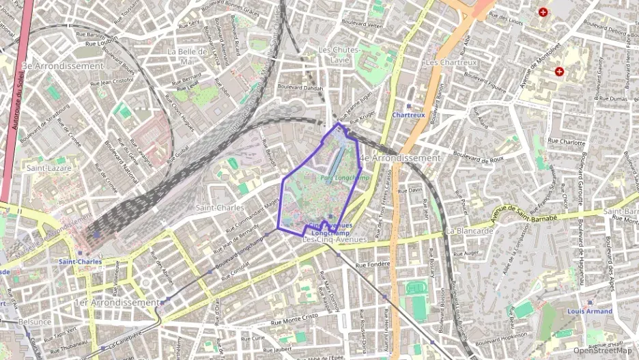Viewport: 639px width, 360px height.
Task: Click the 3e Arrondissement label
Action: (x=63, y=66)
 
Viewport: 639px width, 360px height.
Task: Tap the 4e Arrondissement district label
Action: (x=402, y=158)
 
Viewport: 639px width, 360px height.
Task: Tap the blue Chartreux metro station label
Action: (x=408, y=115)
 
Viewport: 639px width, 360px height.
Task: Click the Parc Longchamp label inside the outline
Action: (x=344, y=178)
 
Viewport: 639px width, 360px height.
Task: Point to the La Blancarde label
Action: (x=469, y=231)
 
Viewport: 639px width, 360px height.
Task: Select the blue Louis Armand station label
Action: (x=589, y=311)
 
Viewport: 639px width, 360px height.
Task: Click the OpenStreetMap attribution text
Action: (x=603, y=350)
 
